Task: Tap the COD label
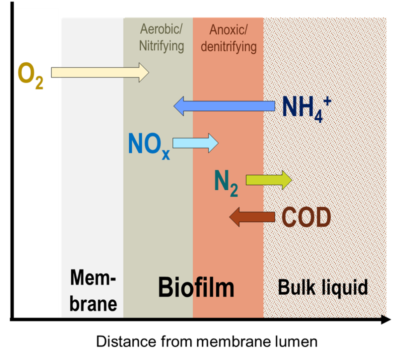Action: (x=306, y=218)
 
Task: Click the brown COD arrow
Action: (x=252, y=217)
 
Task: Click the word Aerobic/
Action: (x=161, y=30)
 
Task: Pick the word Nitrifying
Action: (x=161, y=46)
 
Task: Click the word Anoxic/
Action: (x=228, y=30)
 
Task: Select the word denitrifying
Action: (x=228, y=46)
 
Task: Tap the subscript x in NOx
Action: (x=166, y=154)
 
